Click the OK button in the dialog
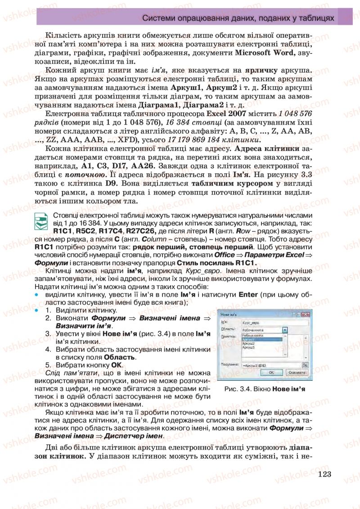click(x=272, y=373)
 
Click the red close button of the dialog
click(x=307, y=314)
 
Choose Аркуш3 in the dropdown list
click(x=248, y=347)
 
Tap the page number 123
click(x=324, y=474)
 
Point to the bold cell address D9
click(x=113, y=184)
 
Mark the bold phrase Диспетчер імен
click(x=136, y=437)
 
